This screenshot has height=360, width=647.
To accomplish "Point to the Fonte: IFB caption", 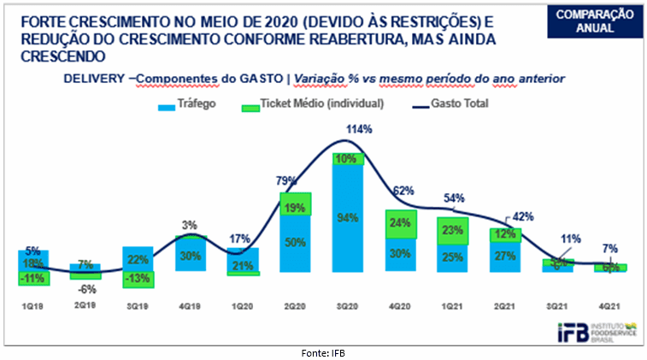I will pyautogui.click(x=323, y=351).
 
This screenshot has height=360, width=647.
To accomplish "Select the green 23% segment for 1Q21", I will pyautogui.click(x=452, y=229).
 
